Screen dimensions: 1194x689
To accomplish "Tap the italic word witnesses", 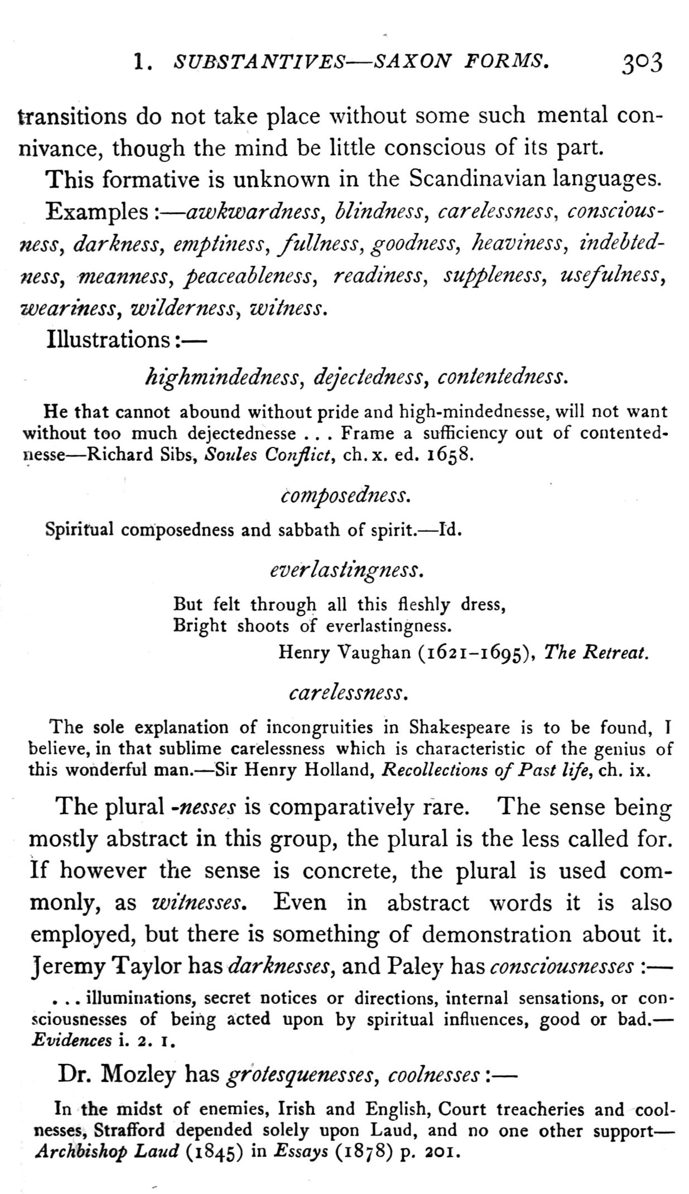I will [x=200, y=903].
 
